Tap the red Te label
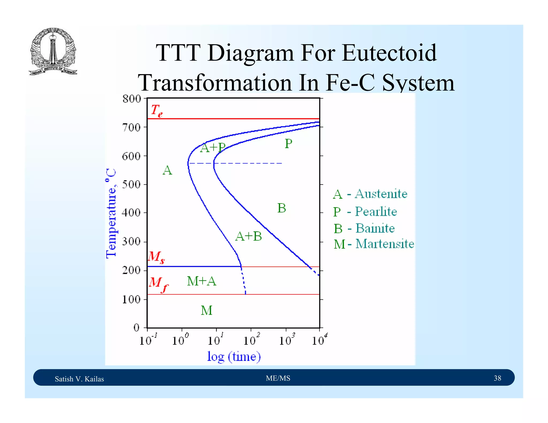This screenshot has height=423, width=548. coord(157,110)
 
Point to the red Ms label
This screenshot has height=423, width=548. coord(156,257)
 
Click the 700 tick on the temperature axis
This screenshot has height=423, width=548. coord(131,127)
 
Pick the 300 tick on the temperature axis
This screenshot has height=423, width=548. coord(131,242)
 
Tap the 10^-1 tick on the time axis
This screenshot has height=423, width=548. coord(148,340)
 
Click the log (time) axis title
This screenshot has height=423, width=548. coord(234,356)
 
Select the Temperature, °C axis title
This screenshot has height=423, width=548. coord(111,213)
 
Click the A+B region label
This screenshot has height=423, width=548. coord(249,236)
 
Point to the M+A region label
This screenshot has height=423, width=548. coord(201,281)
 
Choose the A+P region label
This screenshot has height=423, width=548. coord(213,148)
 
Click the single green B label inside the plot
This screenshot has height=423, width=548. coord(281,208)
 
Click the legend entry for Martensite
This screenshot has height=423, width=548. coord(374,244)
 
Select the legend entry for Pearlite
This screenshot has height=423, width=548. coord(365,211)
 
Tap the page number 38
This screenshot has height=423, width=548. coord(497,378)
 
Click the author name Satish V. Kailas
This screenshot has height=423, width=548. coord(79,379)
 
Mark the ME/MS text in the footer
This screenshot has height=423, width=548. coord(278,378)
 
